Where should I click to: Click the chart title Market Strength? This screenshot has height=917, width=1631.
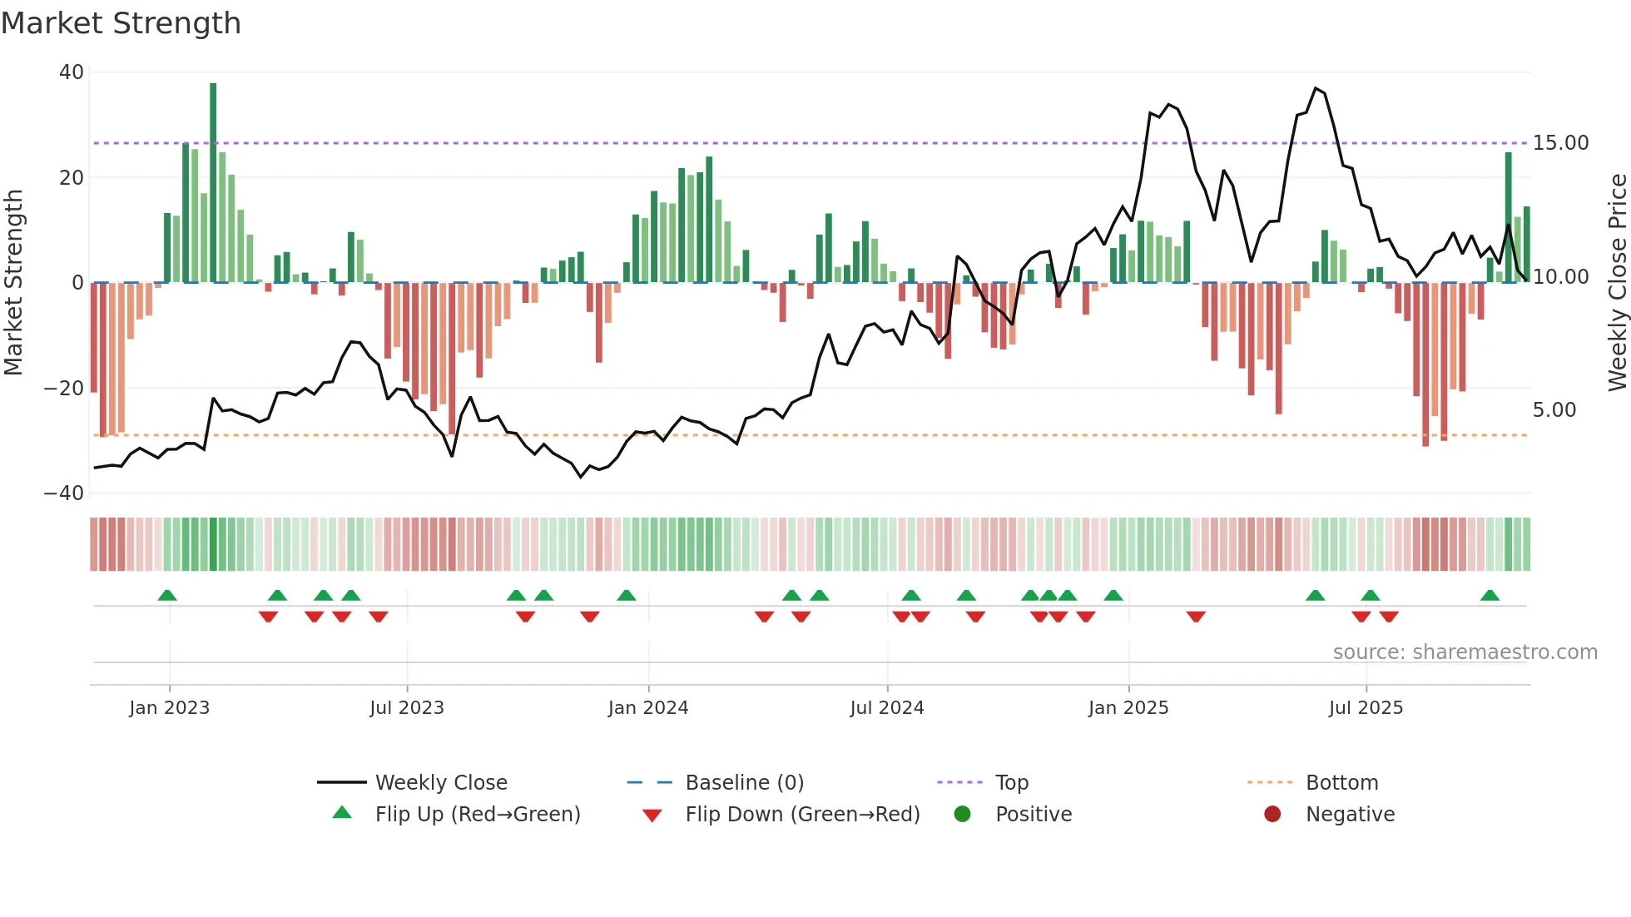point(121,23)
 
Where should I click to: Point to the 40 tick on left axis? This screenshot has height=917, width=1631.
point(72,72)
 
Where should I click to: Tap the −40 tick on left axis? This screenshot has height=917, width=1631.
point(64,493)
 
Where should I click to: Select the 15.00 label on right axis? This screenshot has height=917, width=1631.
point(1560,143)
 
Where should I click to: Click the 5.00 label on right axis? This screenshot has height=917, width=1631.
point(1554,410)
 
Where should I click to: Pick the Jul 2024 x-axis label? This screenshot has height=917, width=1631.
point(886,708)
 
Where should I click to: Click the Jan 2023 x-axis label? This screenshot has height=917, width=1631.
point(169,708)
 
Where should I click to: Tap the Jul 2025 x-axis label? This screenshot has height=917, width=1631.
point(1366,708)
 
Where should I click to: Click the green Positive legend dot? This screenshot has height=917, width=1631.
point(962,815)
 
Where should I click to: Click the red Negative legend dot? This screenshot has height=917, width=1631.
point(1272,815)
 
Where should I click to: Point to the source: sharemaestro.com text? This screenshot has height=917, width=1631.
point(1465,652)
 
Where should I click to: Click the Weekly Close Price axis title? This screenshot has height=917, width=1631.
point(1617,283)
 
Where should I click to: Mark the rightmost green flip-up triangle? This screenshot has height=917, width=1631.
point(1490,596)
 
